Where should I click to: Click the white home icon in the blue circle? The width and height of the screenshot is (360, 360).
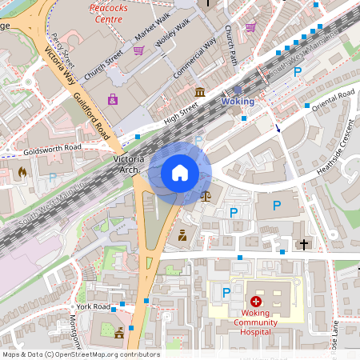click(179, 173)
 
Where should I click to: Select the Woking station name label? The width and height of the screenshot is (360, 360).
click(238, 102)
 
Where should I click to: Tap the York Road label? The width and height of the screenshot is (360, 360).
click(94, 306)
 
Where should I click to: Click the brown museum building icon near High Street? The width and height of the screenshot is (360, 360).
click(199, 94)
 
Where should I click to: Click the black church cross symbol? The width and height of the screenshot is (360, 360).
click(303, 242)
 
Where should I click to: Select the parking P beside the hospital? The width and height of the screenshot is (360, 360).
click(226, 293)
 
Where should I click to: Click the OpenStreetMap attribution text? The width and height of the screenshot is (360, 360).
click(80, 354)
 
